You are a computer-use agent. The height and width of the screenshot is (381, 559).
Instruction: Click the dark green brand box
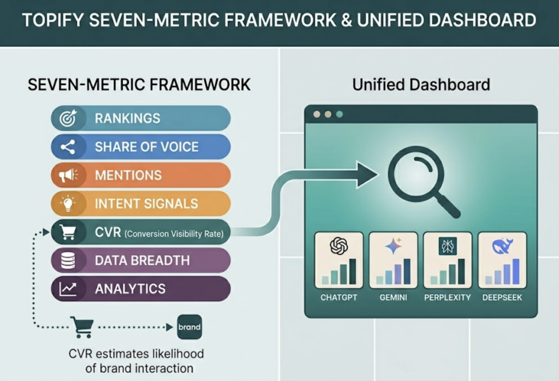tap(189, 328)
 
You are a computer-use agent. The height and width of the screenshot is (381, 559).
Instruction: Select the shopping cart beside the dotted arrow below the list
tap(79, 327)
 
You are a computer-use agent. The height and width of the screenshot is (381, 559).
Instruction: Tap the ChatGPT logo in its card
tap(339, 246)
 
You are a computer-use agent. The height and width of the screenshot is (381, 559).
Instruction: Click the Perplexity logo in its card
tap(447, 246)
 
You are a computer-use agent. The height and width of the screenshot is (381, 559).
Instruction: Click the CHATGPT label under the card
tap(338, 298)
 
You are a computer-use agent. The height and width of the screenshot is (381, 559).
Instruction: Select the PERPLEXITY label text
tap(447, 298)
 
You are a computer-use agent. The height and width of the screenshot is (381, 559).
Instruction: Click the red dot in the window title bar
tap(316, 115)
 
